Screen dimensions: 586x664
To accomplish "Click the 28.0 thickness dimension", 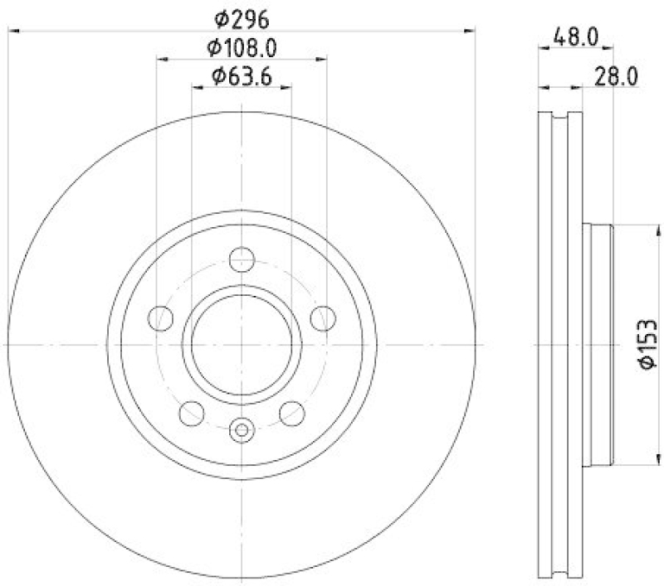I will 614,76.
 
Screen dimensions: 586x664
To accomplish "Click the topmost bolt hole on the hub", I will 241,257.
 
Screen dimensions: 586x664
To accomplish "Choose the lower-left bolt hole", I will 190,411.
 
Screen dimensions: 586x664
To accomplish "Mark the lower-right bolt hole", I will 291,411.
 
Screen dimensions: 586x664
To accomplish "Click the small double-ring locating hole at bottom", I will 241,429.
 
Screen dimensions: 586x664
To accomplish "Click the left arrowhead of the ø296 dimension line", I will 12,31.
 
